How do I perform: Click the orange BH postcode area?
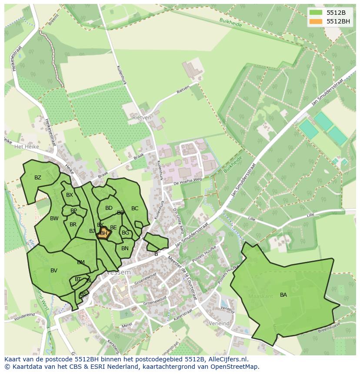click(103, 233)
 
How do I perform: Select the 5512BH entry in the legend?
click(339, 21)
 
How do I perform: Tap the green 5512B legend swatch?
click(316, 13)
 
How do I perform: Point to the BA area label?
click(283, 295)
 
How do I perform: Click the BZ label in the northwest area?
click(38, 178)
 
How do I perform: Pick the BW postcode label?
click(54, 218)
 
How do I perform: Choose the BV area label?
click(54, 271)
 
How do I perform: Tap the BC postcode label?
click(135, 209)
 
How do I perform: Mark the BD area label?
click(109, 208)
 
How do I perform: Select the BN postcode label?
click(125, 248)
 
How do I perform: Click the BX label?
click(70, 195)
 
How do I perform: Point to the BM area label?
click(81, 262)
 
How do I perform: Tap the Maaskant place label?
click(260, 296)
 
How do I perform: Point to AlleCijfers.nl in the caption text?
click(227, 359)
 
